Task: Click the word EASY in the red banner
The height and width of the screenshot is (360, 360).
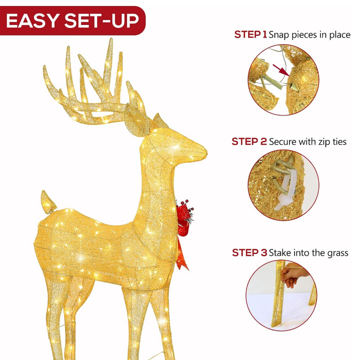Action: click(32, 20)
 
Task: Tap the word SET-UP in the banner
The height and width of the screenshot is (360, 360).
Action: click(101, 20)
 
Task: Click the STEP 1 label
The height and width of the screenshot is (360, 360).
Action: click(250, 34)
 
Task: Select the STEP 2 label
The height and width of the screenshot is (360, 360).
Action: click(249, 141)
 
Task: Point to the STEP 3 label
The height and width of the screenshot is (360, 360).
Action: click(249, 253)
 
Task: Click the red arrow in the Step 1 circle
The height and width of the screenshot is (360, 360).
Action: click(281, 70)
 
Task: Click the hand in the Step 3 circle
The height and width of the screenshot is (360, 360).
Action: click(294, 275)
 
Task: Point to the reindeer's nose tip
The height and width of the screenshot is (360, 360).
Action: click(206, 152)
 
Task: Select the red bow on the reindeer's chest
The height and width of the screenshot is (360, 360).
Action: click(184, 221)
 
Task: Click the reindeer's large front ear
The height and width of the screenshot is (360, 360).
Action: click(136, 121)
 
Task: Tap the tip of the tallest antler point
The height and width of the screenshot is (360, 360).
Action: click(111, 39)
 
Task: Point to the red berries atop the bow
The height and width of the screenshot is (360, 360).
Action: click(186, 205)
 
